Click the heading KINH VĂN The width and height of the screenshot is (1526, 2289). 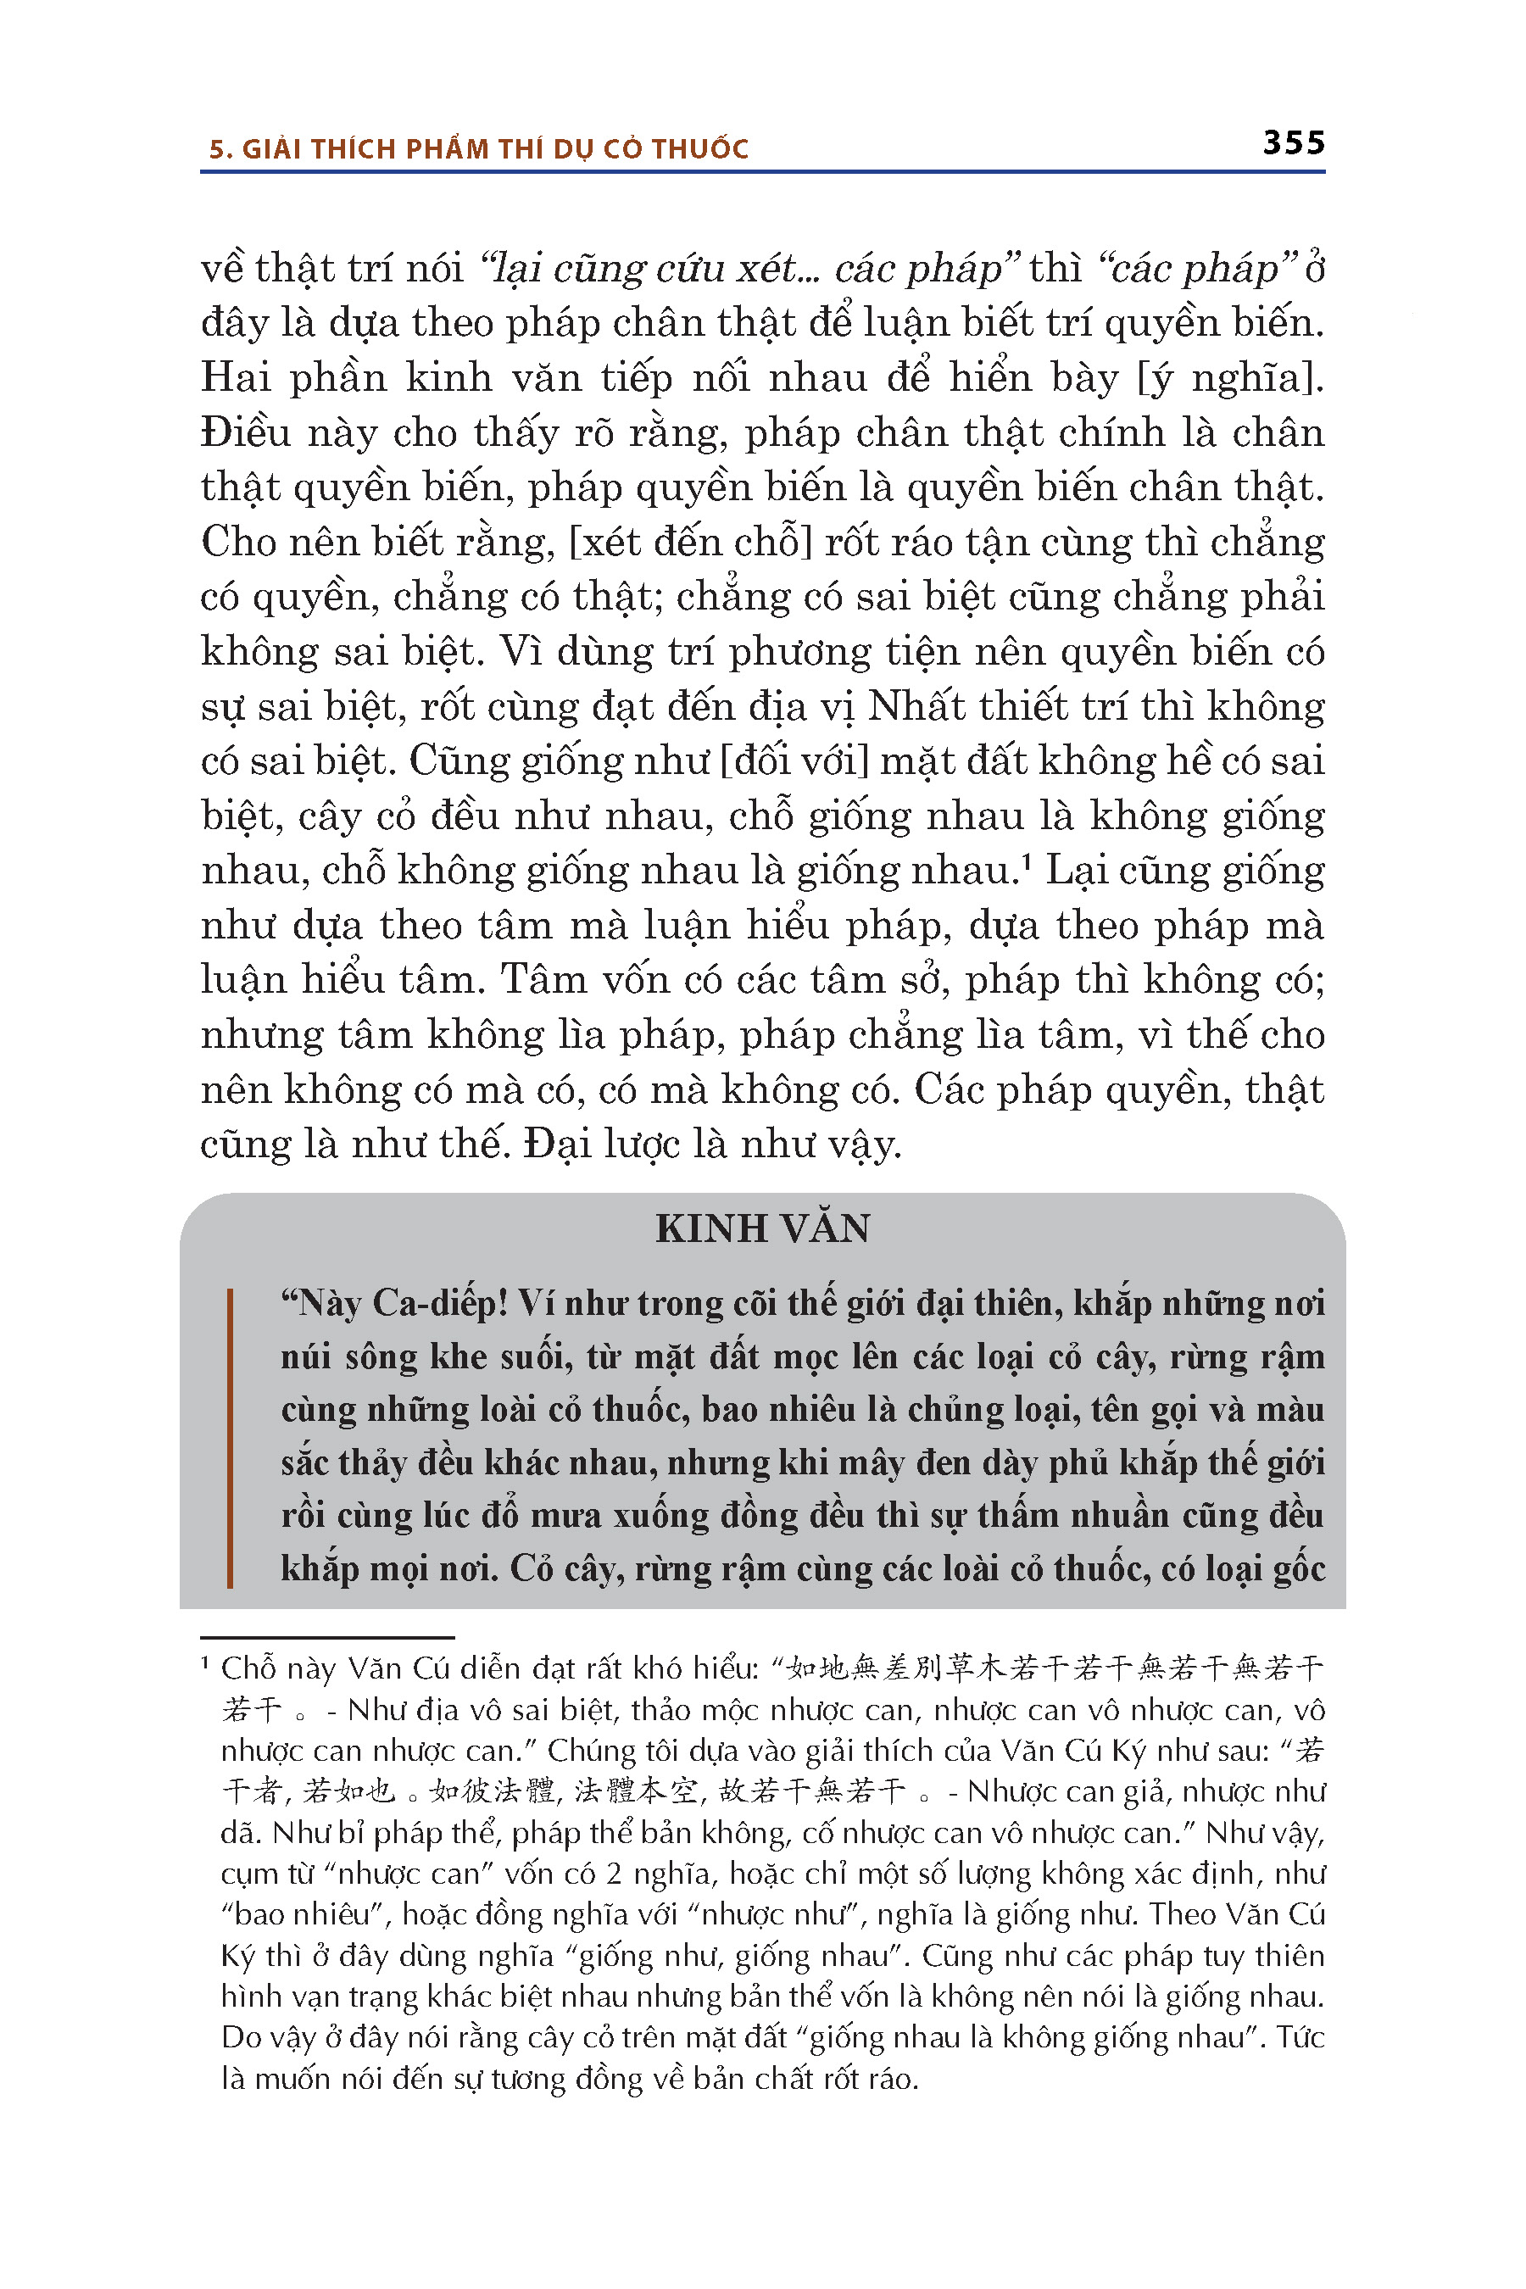tap(762, 1228)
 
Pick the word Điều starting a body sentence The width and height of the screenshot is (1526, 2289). tap(245, 432)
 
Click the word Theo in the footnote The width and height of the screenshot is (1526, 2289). tap(1180, 1914)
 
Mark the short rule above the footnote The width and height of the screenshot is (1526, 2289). tap(327, 1638)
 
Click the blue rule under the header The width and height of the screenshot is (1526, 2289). tap(762, 172)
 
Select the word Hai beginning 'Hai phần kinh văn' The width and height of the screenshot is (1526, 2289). tap(235, 377)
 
